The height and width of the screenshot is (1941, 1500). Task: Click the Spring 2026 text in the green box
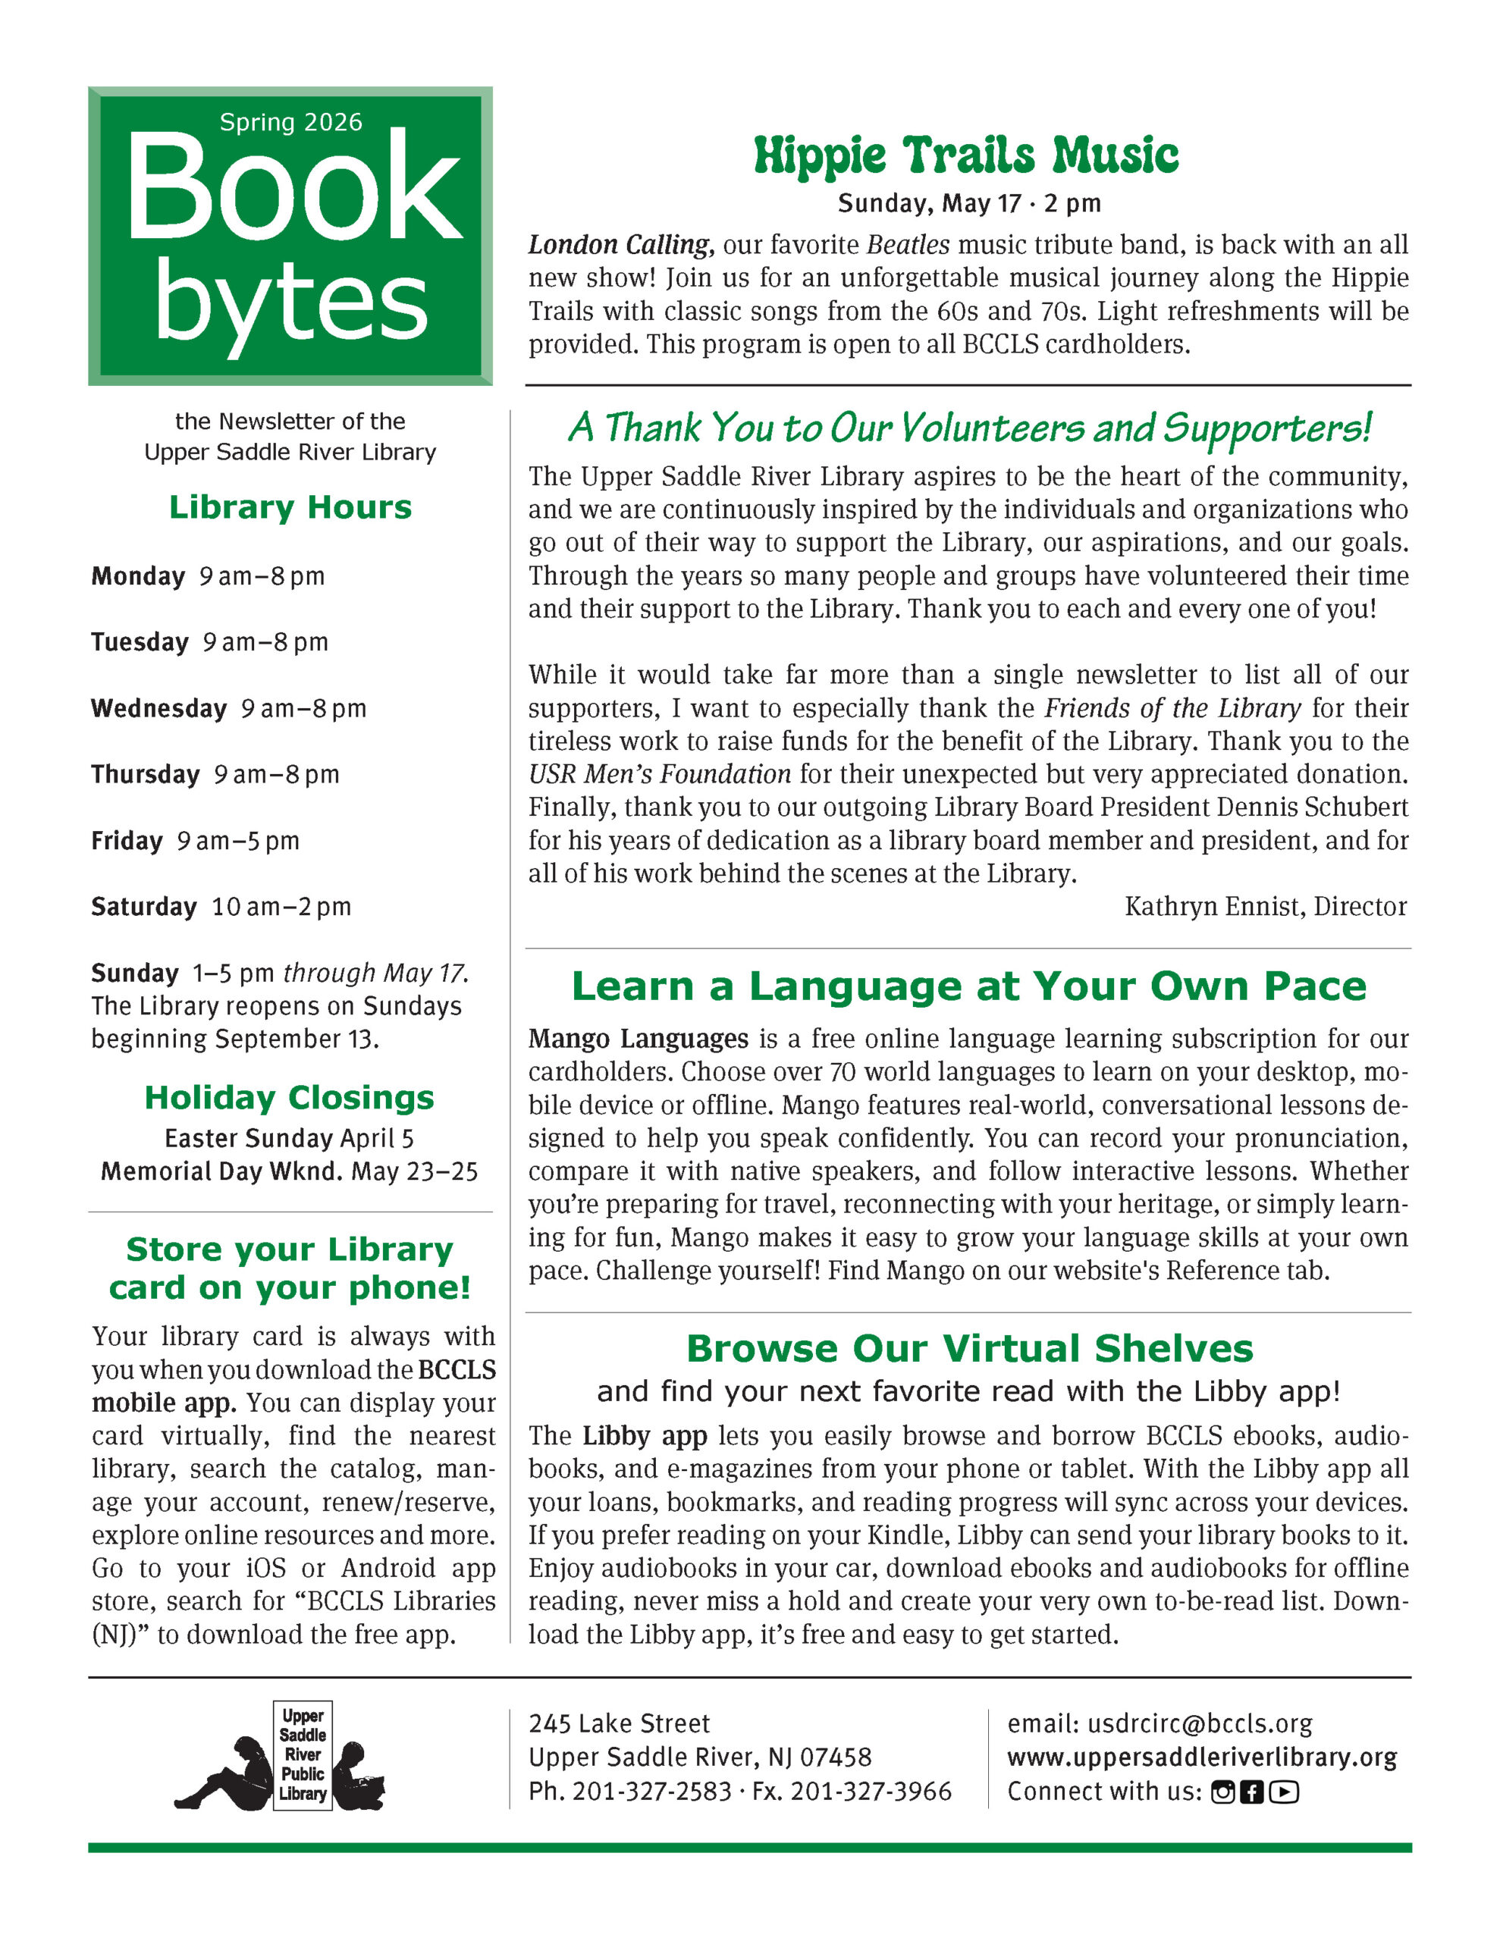(x=290, y=122)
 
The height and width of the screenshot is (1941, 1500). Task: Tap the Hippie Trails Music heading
(x=965, y=155)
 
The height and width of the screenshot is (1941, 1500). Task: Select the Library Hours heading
(x=290, y=507)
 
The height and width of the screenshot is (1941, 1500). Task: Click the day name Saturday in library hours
(x=144, y=907)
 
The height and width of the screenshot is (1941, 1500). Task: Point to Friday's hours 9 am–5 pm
(x=237, y=841)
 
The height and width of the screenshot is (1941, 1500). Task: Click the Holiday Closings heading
(x=289, y=1098)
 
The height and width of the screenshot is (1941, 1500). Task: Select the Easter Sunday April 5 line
(x=289, y=1139)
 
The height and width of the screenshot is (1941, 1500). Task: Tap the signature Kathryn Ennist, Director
(x=1265, y=907)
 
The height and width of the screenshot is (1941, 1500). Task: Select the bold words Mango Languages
(x=638, y=1039)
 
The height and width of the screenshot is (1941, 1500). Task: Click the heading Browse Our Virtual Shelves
(x=969, y=1348)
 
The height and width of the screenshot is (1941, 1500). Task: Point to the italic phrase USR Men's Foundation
(x=659, y=774)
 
